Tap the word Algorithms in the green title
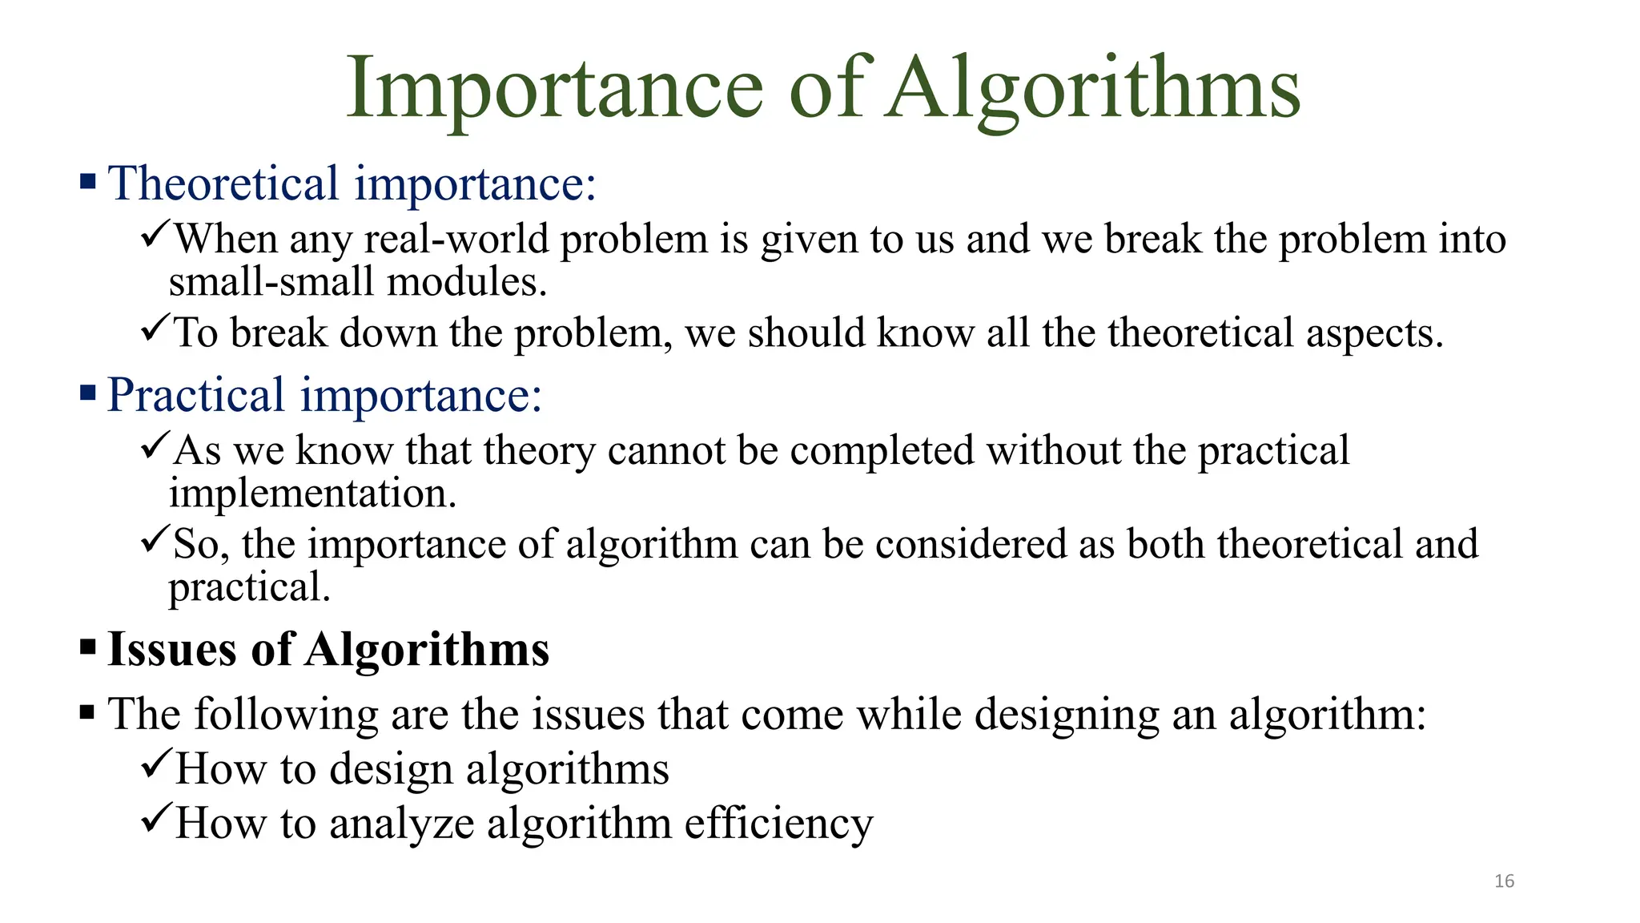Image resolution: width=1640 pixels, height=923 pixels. click(x=1094, y=90)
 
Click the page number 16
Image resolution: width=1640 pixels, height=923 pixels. click(x=1504, y=881)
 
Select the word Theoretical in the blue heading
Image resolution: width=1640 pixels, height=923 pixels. click(x=223, y=183)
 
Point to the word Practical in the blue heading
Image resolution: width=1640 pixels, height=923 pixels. click(x=196, y=395)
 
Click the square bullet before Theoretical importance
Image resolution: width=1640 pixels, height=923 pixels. click(x=88, y=181)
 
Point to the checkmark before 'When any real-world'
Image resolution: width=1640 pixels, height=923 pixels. click(x=155, y=235)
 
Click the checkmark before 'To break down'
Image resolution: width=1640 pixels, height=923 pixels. click(x=155, y=328)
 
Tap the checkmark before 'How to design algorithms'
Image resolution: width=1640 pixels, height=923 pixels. click(x=155, y=764)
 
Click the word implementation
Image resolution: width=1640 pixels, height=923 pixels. click(x=312, y=494)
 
